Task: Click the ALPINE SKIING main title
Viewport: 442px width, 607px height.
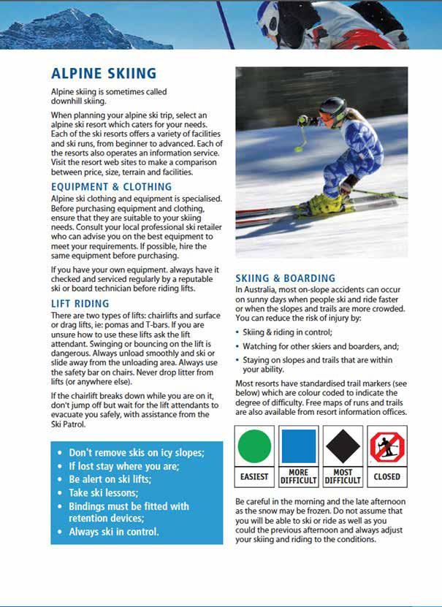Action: (103, 73)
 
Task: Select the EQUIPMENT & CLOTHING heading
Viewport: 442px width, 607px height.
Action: (111, 186)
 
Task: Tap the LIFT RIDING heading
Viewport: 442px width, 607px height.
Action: (80, 303)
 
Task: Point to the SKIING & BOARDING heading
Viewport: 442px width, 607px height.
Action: (285, 278)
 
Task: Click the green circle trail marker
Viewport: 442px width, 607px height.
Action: (255, 446)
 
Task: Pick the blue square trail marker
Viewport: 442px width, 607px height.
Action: (298, 446)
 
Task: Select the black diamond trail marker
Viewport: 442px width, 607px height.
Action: (342, 446)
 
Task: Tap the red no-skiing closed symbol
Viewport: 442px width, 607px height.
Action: (386, 446)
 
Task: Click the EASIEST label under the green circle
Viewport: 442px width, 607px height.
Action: (255, 476)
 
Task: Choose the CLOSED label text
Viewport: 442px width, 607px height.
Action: (386, 476)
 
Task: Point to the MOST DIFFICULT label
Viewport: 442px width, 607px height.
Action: (342, 476)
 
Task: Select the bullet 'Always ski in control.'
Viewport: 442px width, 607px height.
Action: (113, 532)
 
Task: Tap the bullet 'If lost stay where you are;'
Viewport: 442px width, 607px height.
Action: (123, 466)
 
